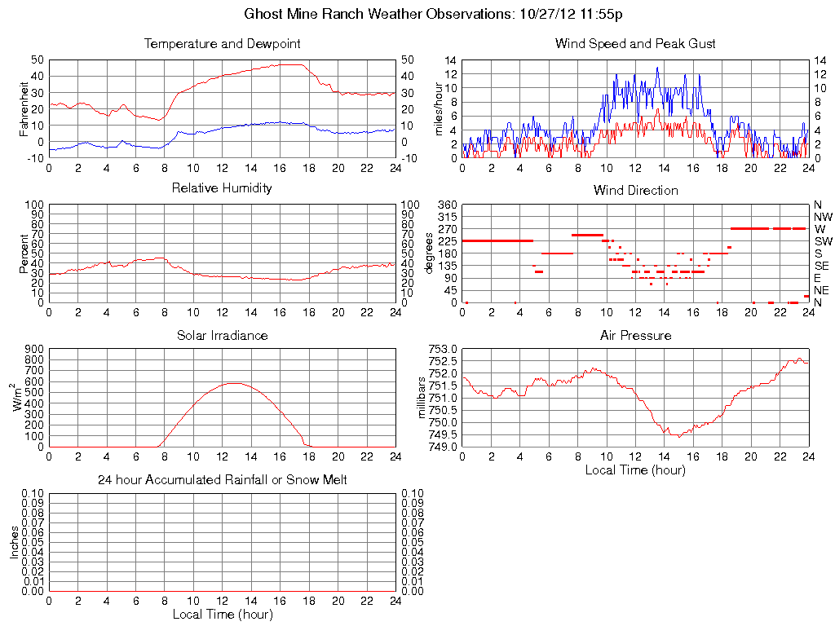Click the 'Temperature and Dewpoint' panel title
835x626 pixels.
click(x=222, y=43)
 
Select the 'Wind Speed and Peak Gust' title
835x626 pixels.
click(x=634, y=43)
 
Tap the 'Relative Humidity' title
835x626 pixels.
click(x=222, y=188)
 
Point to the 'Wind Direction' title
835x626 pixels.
click(x=635, y=190)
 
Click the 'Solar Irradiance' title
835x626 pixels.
click(x=222, y=335)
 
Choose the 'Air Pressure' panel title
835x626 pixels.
click(x=635, y=335)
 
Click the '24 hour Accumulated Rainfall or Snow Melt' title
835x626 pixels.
click(x=222, y=480)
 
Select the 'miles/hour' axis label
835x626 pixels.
click(x=438, y=108)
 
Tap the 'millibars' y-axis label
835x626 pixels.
click(x=423, y=398)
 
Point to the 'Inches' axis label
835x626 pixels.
click(x=14, y=542)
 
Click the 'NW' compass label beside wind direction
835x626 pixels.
click(x=822, y=217)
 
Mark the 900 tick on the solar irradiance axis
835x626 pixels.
click(x=33, y=349)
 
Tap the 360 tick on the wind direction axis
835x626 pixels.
click(x=446, y=204)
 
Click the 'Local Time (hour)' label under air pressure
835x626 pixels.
click(x=635, y=469)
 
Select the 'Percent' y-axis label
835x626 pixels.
click(x=24, y=253)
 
